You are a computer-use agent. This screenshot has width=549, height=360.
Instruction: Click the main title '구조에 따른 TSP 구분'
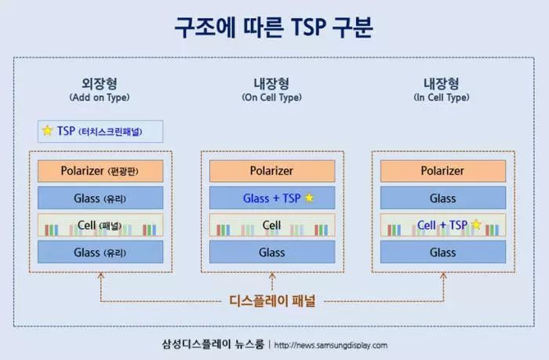[x=274, y=27]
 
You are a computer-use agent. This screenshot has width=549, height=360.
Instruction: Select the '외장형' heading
[x=100, y=83]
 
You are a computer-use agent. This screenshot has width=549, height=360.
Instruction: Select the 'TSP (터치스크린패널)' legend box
[x=100, y=131]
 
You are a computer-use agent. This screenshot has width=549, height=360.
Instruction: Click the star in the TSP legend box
[x=48, y=131]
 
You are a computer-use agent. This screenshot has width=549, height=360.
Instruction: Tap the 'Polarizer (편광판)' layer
[x=100, y=171]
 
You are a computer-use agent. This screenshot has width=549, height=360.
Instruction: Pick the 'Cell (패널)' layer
[x=100, y=225]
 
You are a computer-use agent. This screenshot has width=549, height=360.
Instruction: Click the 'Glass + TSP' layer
[x=271, y=198]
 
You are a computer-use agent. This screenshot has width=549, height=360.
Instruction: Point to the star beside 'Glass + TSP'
[x=309, y=198]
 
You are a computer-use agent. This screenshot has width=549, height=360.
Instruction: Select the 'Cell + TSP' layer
[x=442, y=225]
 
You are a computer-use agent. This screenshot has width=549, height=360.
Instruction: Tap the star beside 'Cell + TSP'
[x=475, y=225]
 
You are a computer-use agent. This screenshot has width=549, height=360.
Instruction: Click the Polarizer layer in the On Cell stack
[x=271, y=171]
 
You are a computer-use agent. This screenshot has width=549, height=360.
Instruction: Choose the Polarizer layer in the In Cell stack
[x=442, y=171]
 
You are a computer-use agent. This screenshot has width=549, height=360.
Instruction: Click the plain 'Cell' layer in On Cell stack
[x=271, y=225]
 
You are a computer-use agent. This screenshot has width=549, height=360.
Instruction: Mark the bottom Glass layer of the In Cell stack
[x=442, y=252]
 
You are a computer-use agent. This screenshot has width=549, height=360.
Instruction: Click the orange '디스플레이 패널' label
[x=271, y=300]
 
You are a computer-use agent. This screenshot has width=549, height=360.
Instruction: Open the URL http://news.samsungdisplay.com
[x=331, y=345]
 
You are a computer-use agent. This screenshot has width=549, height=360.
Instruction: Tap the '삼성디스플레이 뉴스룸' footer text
[x=212, y=345]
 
